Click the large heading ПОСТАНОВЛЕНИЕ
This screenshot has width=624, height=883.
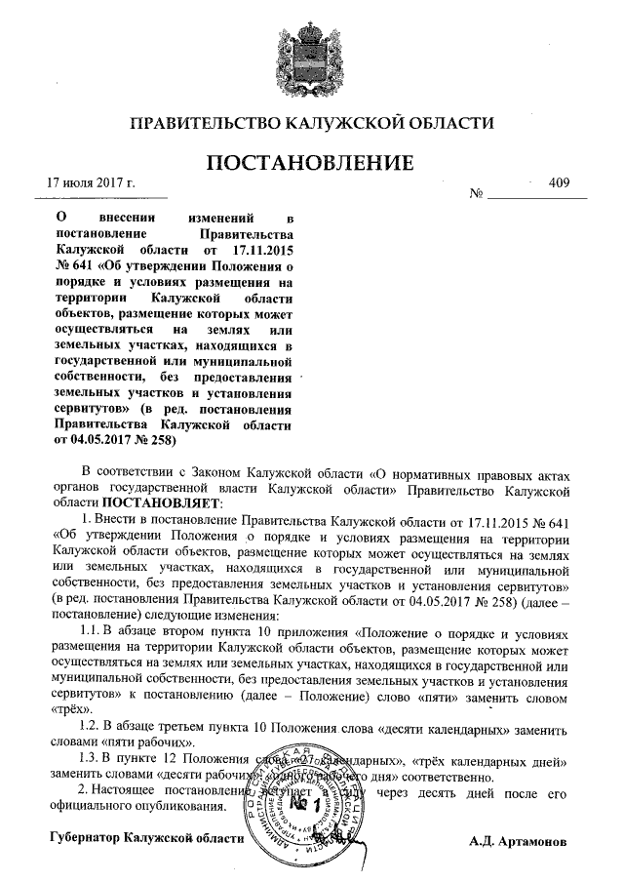[x=312, y=162]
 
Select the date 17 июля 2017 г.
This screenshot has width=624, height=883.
[x=91, y=182]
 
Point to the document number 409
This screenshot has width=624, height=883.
[x=559, y=182]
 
